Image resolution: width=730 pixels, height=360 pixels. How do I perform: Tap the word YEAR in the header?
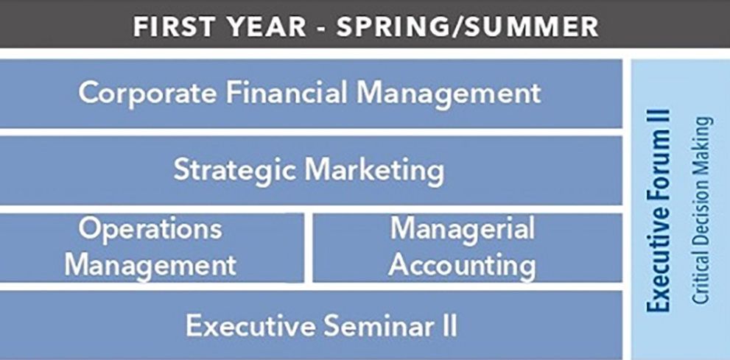click(x=263, y=27)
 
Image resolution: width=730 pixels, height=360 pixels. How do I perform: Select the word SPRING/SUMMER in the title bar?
click(x=468, y=27)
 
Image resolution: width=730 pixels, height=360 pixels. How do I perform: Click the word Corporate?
click(x=148, y=93)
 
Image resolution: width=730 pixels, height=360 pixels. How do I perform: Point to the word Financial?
click(x=287, y=92)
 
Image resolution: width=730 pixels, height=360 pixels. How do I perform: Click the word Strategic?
click(x=235, y=170)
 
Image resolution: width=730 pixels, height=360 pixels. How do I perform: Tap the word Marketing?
click(x=374, y=170)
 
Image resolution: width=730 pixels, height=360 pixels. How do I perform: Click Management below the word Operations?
click(x=150, y=266)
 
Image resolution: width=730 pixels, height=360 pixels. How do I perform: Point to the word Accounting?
click(x=462, y=266)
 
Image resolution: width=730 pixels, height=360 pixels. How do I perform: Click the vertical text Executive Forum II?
click(x=659, y=211)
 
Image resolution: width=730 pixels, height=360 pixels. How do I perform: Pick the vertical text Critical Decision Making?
click(x=701, y=211)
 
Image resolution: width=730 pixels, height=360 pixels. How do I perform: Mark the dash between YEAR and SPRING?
click(x=322, y=28)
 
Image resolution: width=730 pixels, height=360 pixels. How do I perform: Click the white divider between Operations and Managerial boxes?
click(x=308, y=247)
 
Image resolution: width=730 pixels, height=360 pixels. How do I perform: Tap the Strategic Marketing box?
click(x=311, y=170)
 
